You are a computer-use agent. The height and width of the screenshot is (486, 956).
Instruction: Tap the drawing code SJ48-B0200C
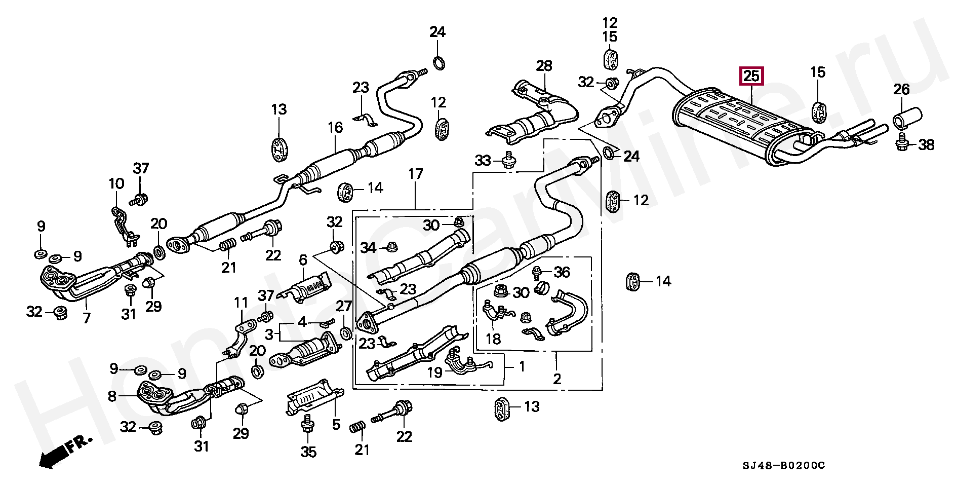click(784, 465)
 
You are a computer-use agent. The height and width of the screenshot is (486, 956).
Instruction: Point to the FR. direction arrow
click(63, 451)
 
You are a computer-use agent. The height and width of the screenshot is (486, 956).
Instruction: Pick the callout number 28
click(544, 66)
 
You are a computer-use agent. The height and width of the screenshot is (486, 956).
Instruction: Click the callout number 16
click(335, 127)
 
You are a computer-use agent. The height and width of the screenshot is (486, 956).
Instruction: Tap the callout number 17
click(415, 174)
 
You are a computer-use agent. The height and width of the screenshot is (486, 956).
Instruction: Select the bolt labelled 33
click(508, 162)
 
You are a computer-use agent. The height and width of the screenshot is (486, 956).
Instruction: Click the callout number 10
click(116, 183)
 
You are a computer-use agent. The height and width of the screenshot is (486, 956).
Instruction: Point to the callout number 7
click(87, 318)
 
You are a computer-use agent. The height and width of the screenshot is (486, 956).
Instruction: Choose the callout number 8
click(112, 396)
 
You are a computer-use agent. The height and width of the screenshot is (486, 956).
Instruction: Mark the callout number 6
click(303, 260)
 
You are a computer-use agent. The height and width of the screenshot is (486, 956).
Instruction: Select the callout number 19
click(435, 372)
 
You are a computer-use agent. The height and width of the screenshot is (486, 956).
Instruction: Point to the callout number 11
click(241, 303)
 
